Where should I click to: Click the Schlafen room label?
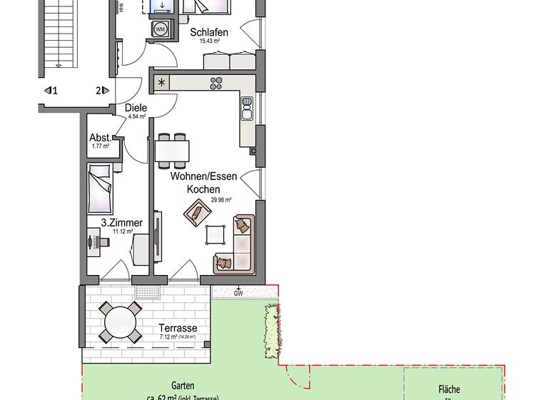click(x=209, y=32)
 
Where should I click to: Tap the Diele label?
click(x=136, y=108)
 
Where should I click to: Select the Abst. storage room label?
click(x=100, y=138)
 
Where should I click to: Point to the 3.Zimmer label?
click(x=126, y=223)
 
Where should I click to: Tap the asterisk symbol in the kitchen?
click(x=162, y=82)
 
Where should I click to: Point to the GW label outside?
click(x=238, y=294)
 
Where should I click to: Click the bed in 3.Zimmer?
click(x=100, y=188)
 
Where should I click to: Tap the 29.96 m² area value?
click(x=220, y=200)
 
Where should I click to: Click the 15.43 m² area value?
click(x=208, y=41)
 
